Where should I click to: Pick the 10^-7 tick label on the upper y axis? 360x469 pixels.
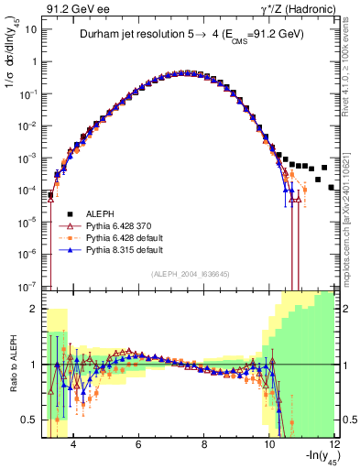point(28,286)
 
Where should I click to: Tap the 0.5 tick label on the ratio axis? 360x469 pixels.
point(29,420)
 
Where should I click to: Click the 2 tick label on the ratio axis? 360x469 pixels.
point(34,309)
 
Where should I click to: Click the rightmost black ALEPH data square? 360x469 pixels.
point(331,187)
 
